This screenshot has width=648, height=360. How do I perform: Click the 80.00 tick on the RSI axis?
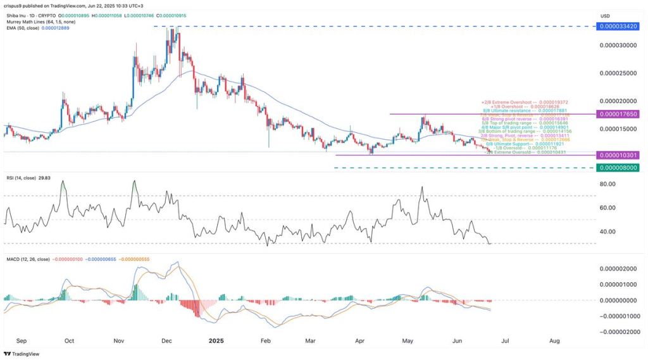pyautogui.click(x=608, y=184)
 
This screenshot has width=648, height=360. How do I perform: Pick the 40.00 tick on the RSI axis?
pyautogui.click(x=608, y=232)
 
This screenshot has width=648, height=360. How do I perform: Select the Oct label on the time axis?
pyautogui.click(x=70, y=340)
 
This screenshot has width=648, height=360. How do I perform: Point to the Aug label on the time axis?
pyautogui.click(x=554, y=340)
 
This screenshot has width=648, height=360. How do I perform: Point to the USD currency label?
pyautogui.click(x=606, y=16)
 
